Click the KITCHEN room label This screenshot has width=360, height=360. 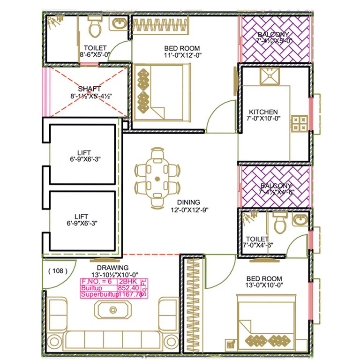(263, 112)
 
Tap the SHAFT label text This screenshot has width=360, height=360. (90, 89)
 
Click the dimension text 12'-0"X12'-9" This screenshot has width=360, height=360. (189, 210)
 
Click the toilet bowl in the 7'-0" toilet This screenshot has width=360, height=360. (280, 223)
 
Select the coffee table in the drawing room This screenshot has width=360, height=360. (112, 310)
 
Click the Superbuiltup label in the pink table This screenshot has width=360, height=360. (98, 295)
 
